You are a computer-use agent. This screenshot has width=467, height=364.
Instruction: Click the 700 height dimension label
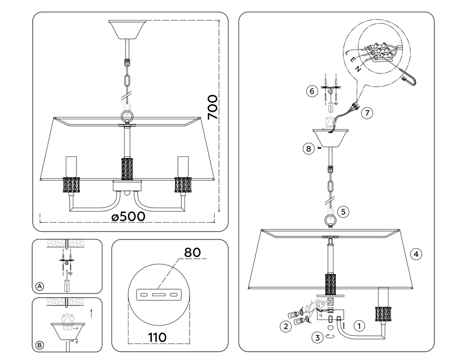point(212,108)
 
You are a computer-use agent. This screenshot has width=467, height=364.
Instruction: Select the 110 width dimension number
point(154,337)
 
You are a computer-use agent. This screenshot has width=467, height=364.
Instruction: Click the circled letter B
point(40,345)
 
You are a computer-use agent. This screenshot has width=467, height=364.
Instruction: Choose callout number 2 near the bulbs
point(285,327)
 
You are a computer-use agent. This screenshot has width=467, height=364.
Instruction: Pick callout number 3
point(317,336)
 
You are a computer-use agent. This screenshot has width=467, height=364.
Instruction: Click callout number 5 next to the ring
point(343,211)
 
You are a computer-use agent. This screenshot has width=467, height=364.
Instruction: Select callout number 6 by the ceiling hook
point(311,91)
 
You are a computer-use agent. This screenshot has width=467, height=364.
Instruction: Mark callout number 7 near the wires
point(367,113)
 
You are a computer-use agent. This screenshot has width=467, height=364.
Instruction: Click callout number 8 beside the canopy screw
point(307,149)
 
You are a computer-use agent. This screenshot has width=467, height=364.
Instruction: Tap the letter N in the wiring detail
point(357,69)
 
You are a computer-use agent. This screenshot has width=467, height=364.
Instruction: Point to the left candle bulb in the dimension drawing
point(71,166)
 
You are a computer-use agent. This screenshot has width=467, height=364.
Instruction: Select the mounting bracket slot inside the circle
point(157,295)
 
